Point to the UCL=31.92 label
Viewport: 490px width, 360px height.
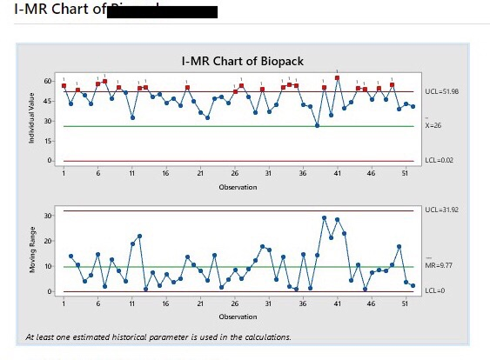[442, 210]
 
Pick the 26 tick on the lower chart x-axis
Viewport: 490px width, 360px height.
[235, 303]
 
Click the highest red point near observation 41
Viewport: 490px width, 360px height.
[338, 77]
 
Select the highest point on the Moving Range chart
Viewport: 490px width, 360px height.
[324, 217]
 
